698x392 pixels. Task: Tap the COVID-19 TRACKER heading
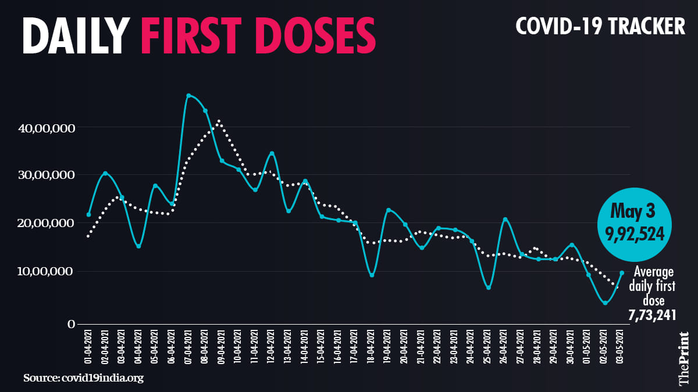tap(600, 26)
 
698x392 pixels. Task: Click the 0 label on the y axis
tap(69, 325)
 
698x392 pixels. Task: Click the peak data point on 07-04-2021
tap(188, 95)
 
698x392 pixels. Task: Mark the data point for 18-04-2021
tap(372, 275)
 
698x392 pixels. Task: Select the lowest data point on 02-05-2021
tap(606, 303)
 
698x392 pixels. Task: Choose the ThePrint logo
tap(684, 359)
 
